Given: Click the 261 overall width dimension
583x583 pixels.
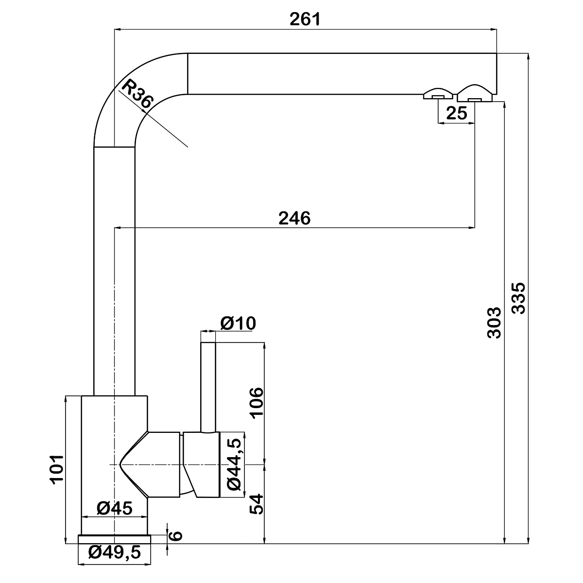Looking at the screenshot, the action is [305, 19].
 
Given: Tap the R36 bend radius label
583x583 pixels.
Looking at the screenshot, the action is [137, 94].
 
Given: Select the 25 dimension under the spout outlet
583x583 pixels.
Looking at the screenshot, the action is [457, 113].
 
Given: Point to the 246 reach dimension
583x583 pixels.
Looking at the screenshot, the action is [294, 218].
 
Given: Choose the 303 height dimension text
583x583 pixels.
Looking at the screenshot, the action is [494, 323].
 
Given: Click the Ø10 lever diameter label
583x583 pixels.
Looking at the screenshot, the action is [238, 323].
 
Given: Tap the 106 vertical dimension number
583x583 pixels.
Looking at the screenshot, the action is [257, 403].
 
